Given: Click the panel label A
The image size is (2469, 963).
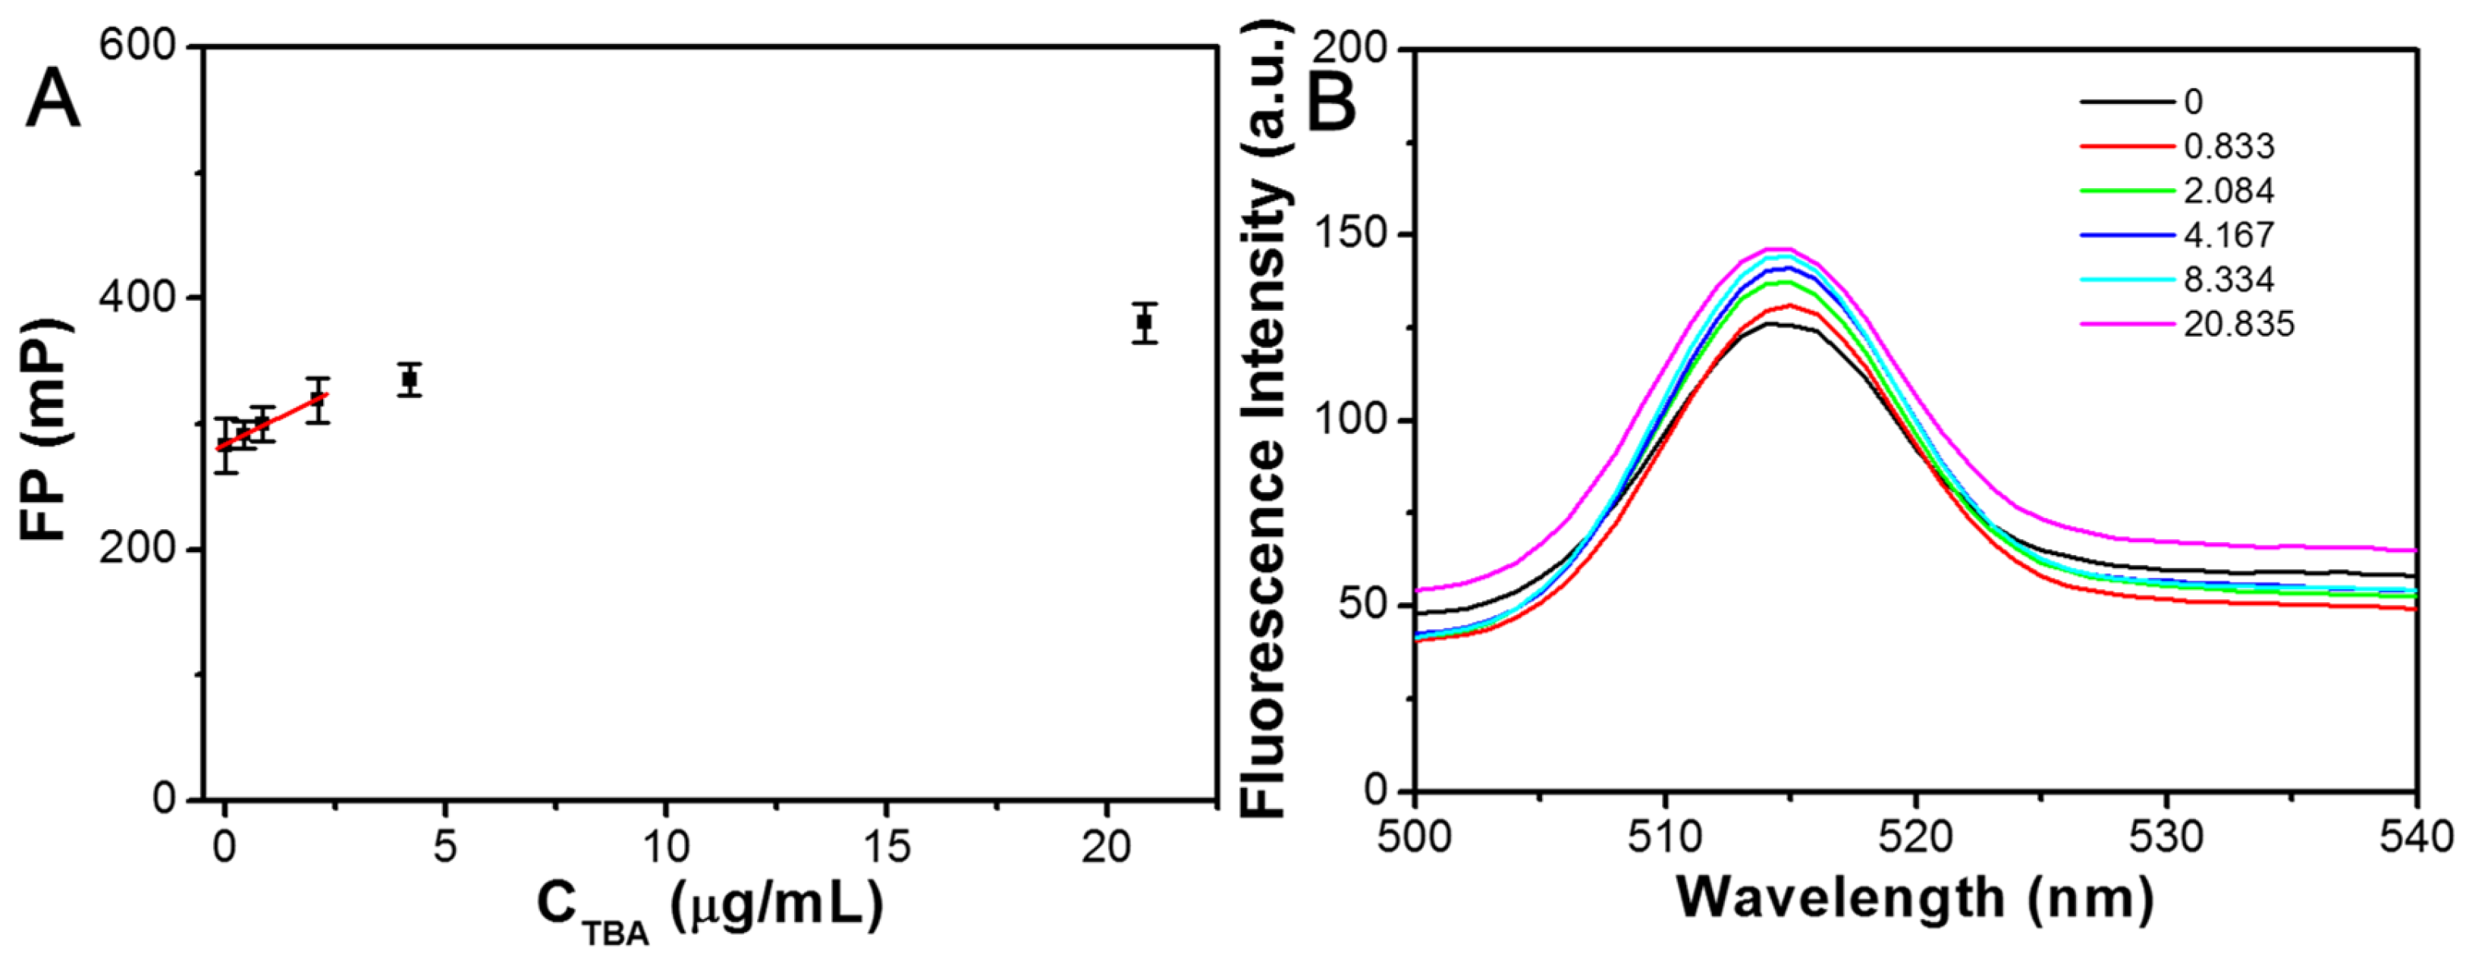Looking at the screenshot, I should pyautogui.click(x=52, y=102).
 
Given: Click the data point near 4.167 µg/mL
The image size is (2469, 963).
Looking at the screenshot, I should pyautogui.click(x=410, y=378).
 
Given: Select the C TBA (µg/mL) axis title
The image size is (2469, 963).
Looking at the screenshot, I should pyautogui.click(x=708, y=905).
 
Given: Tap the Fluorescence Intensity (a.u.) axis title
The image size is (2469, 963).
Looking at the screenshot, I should pyautogui.click(x=1267, y=422).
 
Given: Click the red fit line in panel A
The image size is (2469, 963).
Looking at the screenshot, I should pyautogui.click(x=278, y=422).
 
